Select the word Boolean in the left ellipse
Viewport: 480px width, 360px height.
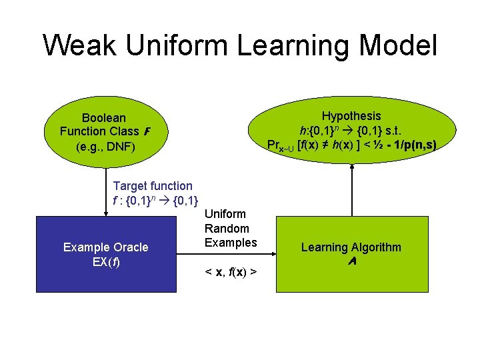click(x=103, y=118)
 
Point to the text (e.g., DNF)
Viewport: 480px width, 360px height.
click(x=105, y=144)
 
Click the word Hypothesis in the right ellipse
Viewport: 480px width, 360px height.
click(x=351, y=116)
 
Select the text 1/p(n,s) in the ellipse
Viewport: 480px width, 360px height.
click(x=410, y=145)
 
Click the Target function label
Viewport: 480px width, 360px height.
click(x=153, y=186)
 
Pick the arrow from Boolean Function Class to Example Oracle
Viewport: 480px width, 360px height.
click(x=107, y=193)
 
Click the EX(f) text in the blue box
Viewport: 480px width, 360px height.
click(x=105, y=261)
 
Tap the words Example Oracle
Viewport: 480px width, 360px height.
click(x=105, y=247)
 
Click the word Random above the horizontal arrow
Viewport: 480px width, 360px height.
click(x=227, y=228)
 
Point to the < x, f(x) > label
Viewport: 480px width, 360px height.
click(x=231, y=272)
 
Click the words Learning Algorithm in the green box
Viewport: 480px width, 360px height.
click(x=351, y=247)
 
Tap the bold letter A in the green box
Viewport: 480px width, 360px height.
click(x=351, y=262)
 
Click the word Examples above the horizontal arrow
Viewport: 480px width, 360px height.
click(x=231, y=242)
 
